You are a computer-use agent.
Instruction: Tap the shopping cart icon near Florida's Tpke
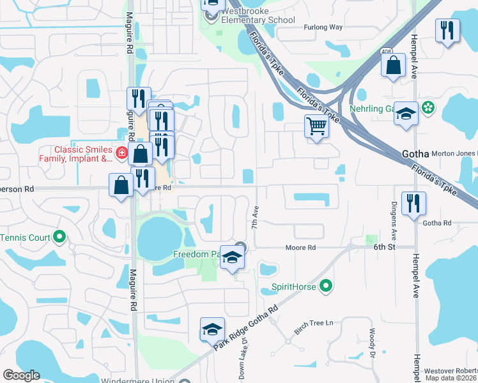[x=316, y=126]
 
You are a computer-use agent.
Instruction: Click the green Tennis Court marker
[x=59, y=237]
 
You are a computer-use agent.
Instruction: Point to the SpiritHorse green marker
[x=326, y=286]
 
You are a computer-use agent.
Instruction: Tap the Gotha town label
[x=415, y=154]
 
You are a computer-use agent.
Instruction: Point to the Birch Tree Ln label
[x=314, y=323]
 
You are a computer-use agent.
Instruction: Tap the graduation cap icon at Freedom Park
[x=232, y=257]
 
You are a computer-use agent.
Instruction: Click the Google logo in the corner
[x=21, y=375]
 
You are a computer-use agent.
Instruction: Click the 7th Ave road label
[x=255, y=218]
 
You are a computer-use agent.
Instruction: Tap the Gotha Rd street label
[x=437, y=223]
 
